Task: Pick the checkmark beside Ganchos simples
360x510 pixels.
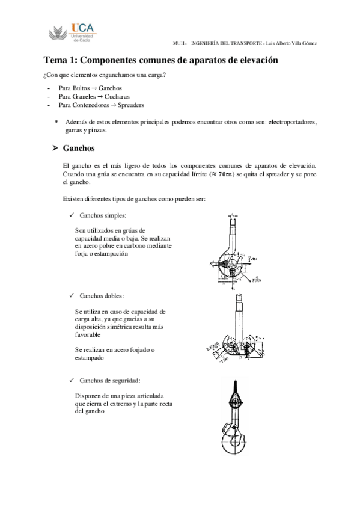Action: tap(72, 215)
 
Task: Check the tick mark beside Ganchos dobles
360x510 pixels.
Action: tap(72, 296)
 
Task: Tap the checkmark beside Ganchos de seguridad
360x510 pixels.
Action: tap(72, 380)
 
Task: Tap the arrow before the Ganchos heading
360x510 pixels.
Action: tap(55, 148)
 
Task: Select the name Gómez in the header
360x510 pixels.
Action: tap(308, 43)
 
